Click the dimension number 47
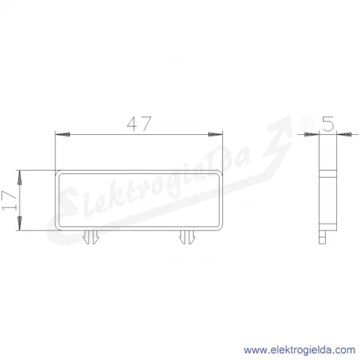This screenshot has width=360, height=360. coord(139,124)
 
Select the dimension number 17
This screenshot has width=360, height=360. coord(9,201)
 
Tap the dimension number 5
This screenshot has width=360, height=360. coord(328,124)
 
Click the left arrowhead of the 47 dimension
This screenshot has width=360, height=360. coord(63,134)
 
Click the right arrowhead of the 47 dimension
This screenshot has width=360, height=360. coord(215,134)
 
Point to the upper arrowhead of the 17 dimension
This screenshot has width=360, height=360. coord(20,178)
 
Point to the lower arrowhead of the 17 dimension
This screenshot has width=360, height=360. coord(20,223)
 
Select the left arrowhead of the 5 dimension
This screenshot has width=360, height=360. coord(312,134)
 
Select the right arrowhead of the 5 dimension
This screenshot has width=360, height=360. coord(344,134)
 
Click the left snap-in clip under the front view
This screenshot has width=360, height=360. coord(91,237)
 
